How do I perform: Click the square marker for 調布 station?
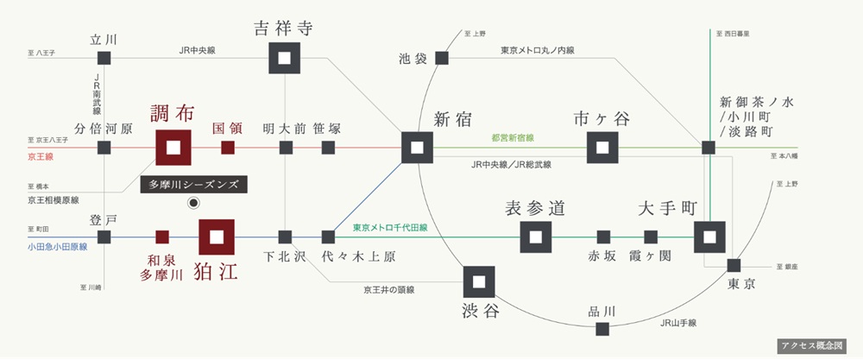click(173, 148)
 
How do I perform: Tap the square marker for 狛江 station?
click(217, 237)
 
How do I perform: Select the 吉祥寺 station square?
click(285, 58)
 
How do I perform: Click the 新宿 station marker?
click(417, 148)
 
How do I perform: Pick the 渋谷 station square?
click(479, 281)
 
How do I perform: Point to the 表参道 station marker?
click(536, 237)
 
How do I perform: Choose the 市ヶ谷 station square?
click(602, 148)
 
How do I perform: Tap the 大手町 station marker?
click(709, 237)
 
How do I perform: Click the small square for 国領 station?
click(228, 148)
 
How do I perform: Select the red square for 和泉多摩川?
click(162, 237)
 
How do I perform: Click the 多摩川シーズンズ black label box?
click(193, 185)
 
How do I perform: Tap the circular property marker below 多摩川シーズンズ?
click(193, 203)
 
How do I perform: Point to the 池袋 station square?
click(441, 58)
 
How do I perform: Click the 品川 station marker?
click(602, 329)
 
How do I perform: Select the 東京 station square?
click(734, 265)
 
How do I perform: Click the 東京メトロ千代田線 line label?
click(390, 227)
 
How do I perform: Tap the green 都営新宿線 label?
click(513, 138)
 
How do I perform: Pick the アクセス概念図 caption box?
click(812, 345)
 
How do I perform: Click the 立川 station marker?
click(104, 58)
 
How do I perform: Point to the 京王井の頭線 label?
click(389, 289)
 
